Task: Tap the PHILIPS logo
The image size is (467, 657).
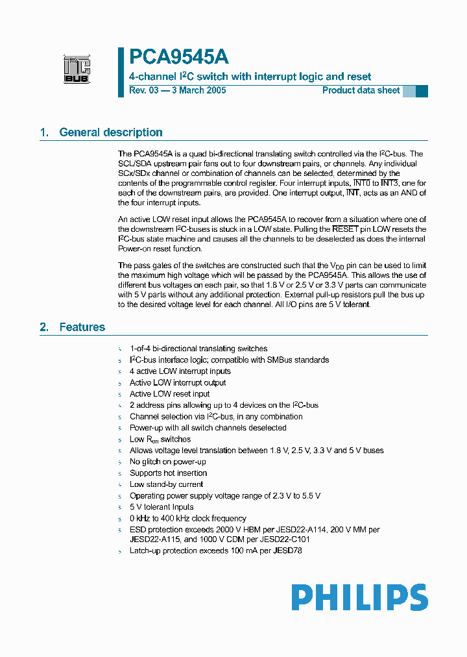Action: pos(359,597)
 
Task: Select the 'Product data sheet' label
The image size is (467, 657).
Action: pos(361,90)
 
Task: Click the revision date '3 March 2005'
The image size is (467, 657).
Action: pos(197,90)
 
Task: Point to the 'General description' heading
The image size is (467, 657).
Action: pos(110,132)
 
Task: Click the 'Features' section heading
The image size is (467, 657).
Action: pos(82,327)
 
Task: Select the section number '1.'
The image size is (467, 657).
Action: pos(44,132)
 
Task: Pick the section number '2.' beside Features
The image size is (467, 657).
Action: pos(44,327)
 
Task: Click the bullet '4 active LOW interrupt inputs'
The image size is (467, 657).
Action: pos(180,371)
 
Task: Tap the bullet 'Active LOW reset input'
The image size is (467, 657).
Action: pos(169,394)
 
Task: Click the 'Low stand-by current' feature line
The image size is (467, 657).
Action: pos(166,484)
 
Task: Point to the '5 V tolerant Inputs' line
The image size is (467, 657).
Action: pos(162,507)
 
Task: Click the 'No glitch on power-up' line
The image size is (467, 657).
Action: pos(167,462)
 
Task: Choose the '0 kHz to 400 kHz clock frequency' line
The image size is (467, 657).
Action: pos(187,518)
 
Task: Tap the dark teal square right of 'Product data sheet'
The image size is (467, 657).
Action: pos(422,91)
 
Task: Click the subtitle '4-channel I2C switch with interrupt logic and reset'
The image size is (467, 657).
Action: pos(250,77)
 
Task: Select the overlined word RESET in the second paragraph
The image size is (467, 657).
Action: pos(345,229)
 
